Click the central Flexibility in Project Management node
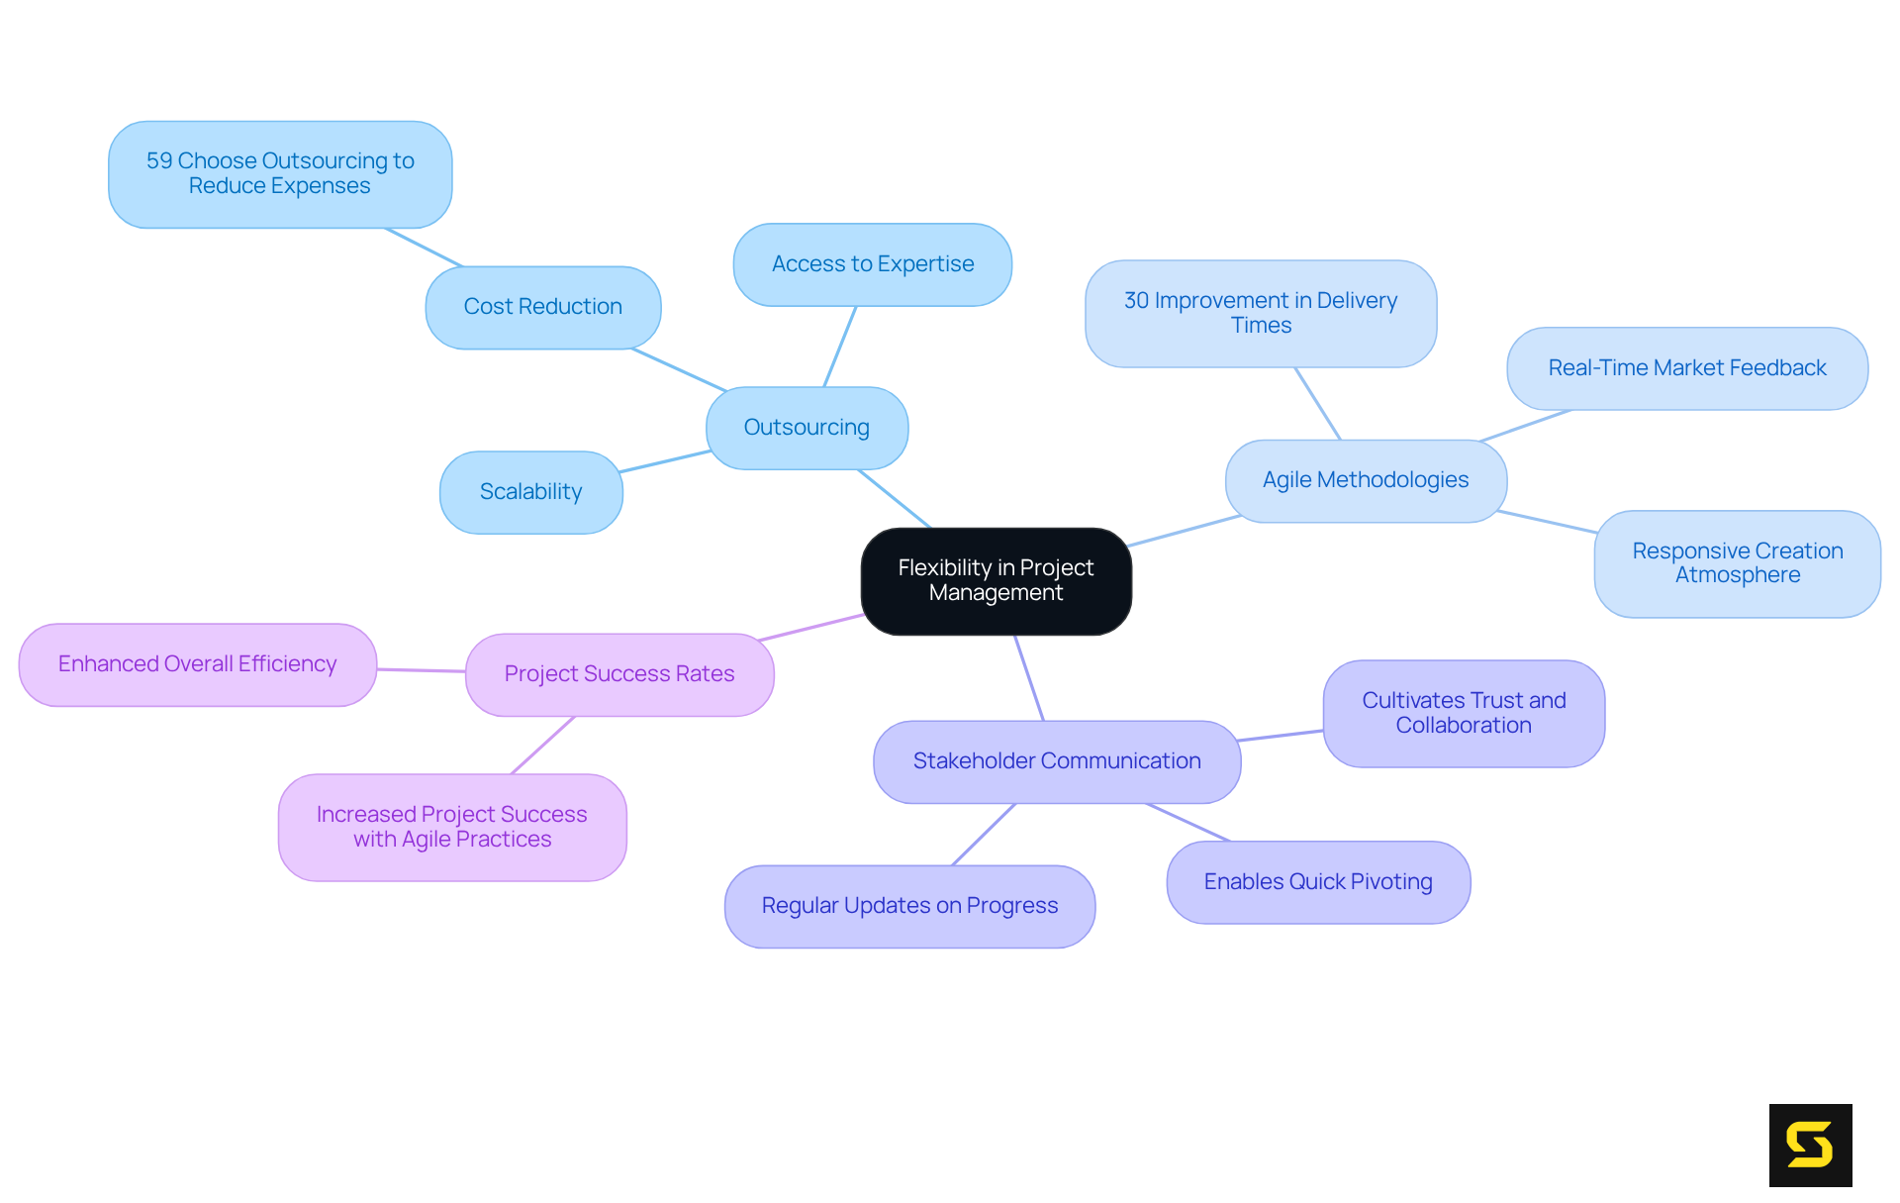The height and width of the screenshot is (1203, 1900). pyautogui.click(x=996, y=581)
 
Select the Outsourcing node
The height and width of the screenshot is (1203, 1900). pyautogui.click(x=807, y=428)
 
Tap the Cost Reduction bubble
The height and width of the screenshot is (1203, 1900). pyautogui.click(x=542, y=307)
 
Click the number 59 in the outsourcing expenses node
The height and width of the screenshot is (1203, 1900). pyautogui.click(x=159, y=161)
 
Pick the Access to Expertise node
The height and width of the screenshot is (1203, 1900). pyautogui.click(x=872, y=264)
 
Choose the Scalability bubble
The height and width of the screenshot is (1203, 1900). pyautogui.click(x=530, y=492)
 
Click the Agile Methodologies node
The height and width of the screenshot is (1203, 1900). pyautogui.click(x=1365, y=480)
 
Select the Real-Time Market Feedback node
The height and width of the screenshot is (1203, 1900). pyautogui.click(x=1686, y=368)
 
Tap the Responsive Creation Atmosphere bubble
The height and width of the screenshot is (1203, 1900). pyautogui.click(x=1737, y=563)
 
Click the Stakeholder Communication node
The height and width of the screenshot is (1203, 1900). pyautogui.click(x=1056, y=761)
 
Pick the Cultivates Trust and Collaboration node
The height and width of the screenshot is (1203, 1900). pyautogui.click(x=1463, y=713)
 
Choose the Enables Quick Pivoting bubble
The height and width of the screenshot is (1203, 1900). pyautogui.click(x=1317, y=882)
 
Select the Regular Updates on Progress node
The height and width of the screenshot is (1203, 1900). pyautogui.click(x=908, y=906)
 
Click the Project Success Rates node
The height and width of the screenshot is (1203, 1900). pyautogui.click(x=618, y=674)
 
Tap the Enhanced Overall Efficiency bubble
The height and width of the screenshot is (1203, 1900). pyautogui.click(x=197, y=664)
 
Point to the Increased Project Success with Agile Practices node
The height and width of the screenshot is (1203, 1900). pyautogui.click(x=451, y=827)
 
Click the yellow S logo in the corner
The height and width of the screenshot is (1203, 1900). pyautogui.click(x=1809, y=1145)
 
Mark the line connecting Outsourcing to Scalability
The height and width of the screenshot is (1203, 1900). pyautogui.click(x=665, y=461)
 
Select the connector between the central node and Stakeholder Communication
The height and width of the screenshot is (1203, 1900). pyautogui.click(x=1028, y=677)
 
